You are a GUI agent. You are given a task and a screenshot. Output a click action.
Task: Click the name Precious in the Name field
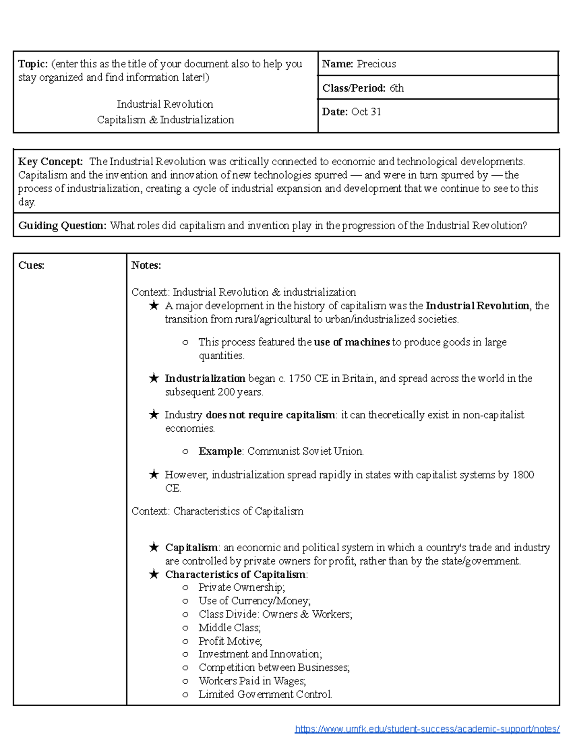pos(376,64)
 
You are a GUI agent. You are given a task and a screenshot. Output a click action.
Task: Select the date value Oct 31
pos(366,112)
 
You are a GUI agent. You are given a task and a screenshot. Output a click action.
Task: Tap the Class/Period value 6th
pos(396,88)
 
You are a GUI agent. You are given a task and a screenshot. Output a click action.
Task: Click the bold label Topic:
pos(33,64)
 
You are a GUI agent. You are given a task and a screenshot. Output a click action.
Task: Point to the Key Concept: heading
pos(50,162)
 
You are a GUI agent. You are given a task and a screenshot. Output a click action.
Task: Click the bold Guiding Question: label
pos(62,226)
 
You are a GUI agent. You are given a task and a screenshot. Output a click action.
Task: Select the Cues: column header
pos(31,266)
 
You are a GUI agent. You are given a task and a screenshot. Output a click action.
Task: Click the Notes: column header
pos(146,266)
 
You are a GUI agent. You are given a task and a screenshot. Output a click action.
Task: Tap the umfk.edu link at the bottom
pos(427,729)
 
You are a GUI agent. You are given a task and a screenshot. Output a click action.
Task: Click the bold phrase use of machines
pos(352,342)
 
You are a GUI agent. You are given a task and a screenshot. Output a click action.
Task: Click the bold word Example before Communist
pos(220,451)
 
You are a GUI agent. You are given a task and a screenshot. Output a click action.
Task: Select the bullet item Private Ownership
pos(242,587)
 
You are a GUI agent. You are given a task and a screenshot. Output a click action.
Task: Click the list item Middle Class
pos(230,627)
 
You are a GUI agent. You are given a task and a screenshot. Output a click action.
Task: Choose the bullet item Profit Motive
pos(230,641)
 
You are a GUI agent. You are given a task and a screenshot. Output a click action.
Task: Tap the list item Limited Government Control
pos(265,694)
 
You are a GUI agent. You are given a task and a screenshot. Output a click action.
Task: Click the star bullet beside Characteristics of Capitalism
pos(154,574)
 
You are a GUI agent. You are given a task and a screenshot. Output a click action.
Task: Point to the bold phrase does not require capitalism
pos(270,415)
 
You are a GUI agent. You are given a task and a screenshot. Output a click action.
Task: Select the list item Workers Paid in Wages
pos(252,681)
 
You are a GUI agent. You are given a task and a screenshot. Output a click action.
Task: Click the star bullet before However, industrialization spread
pos(154,475)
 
